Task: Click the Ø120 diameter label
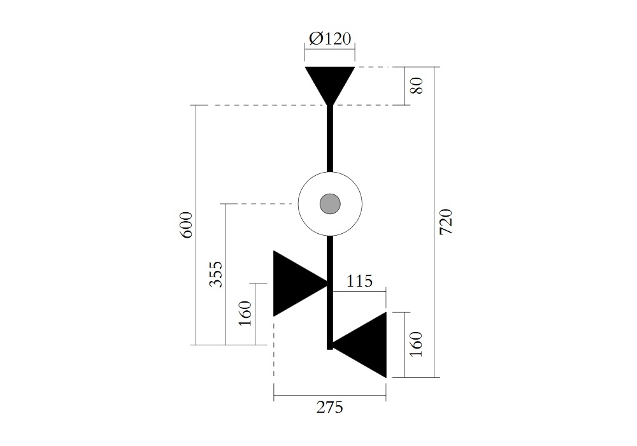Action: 330,39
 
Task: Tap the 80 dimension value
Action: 417,85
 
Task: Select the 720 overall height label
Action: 446,222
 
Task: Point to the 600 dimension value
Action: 186,225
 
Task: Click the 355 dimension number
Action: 216,274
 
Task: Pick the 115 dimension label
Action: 359,281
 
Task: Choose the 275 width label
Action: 330,407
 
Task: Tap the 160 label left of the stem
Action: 245,313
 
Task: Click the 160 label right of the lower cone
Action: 416,344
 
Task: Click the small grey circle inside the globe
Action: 330,203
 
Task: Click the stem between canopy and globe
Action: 330,138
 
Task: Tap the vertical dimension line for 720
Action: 434,222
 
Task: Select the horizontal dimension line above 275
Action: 330,395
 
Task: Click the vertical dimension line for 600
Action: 196,225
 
